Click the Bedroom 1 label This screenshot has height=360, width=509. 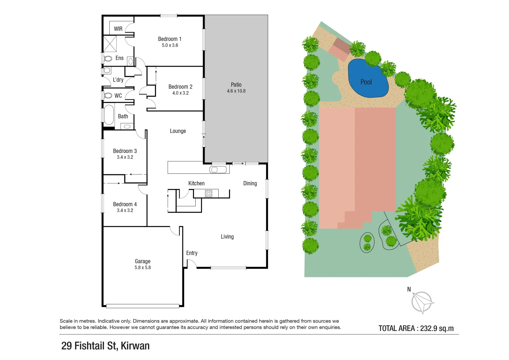pyautogui.click(x=170, y=39)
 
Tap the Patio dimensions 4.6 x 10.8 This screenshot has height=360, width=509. pyautogui.click(x=236, y=91)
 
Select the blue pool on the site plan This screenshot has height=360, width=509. pyautogui.click(x=368, y=79)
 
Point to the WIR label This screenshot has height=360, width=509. pyautogui.click(x=118, y=29)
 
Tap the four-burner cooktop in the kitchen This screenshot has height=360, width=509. pyautogui.click(x=209, y=193)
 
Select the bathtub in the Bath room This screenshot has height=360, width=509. pyautogui.click(x=109, y=115)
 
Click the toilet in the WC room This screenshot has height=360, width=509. pyautogui.click(x=108, y=96)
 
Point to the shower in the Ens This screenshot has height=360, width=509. pyautogui.click(x=109, y=44)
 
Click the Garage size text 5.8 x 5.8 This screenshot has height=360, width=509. pyautogui.click(x=143, y=268)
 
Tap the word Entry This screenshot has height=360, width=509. pyautogui.click(x=192, y=253)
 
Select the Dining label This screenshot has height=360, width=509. pyautogui.click(x=250, y=183)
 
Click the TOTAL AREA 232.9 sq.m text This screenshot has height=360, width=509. pyautogui.click(x=416, y=328)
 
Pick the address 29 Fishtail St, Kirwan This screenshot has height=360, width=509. pyautogui.click(x=105, y=346)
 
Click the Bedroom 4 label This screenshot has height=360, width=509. pyautogui.click(x=125, y=204)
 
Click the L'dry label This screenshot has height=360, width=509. pyautogui.click(x=118, y=80)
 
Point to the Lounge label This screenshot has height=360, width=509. pyautogui.click(x=178, y=131)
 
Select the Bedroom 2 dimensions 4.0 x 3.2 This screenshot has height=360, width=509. pyautogui.click(x=180, y=93)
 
